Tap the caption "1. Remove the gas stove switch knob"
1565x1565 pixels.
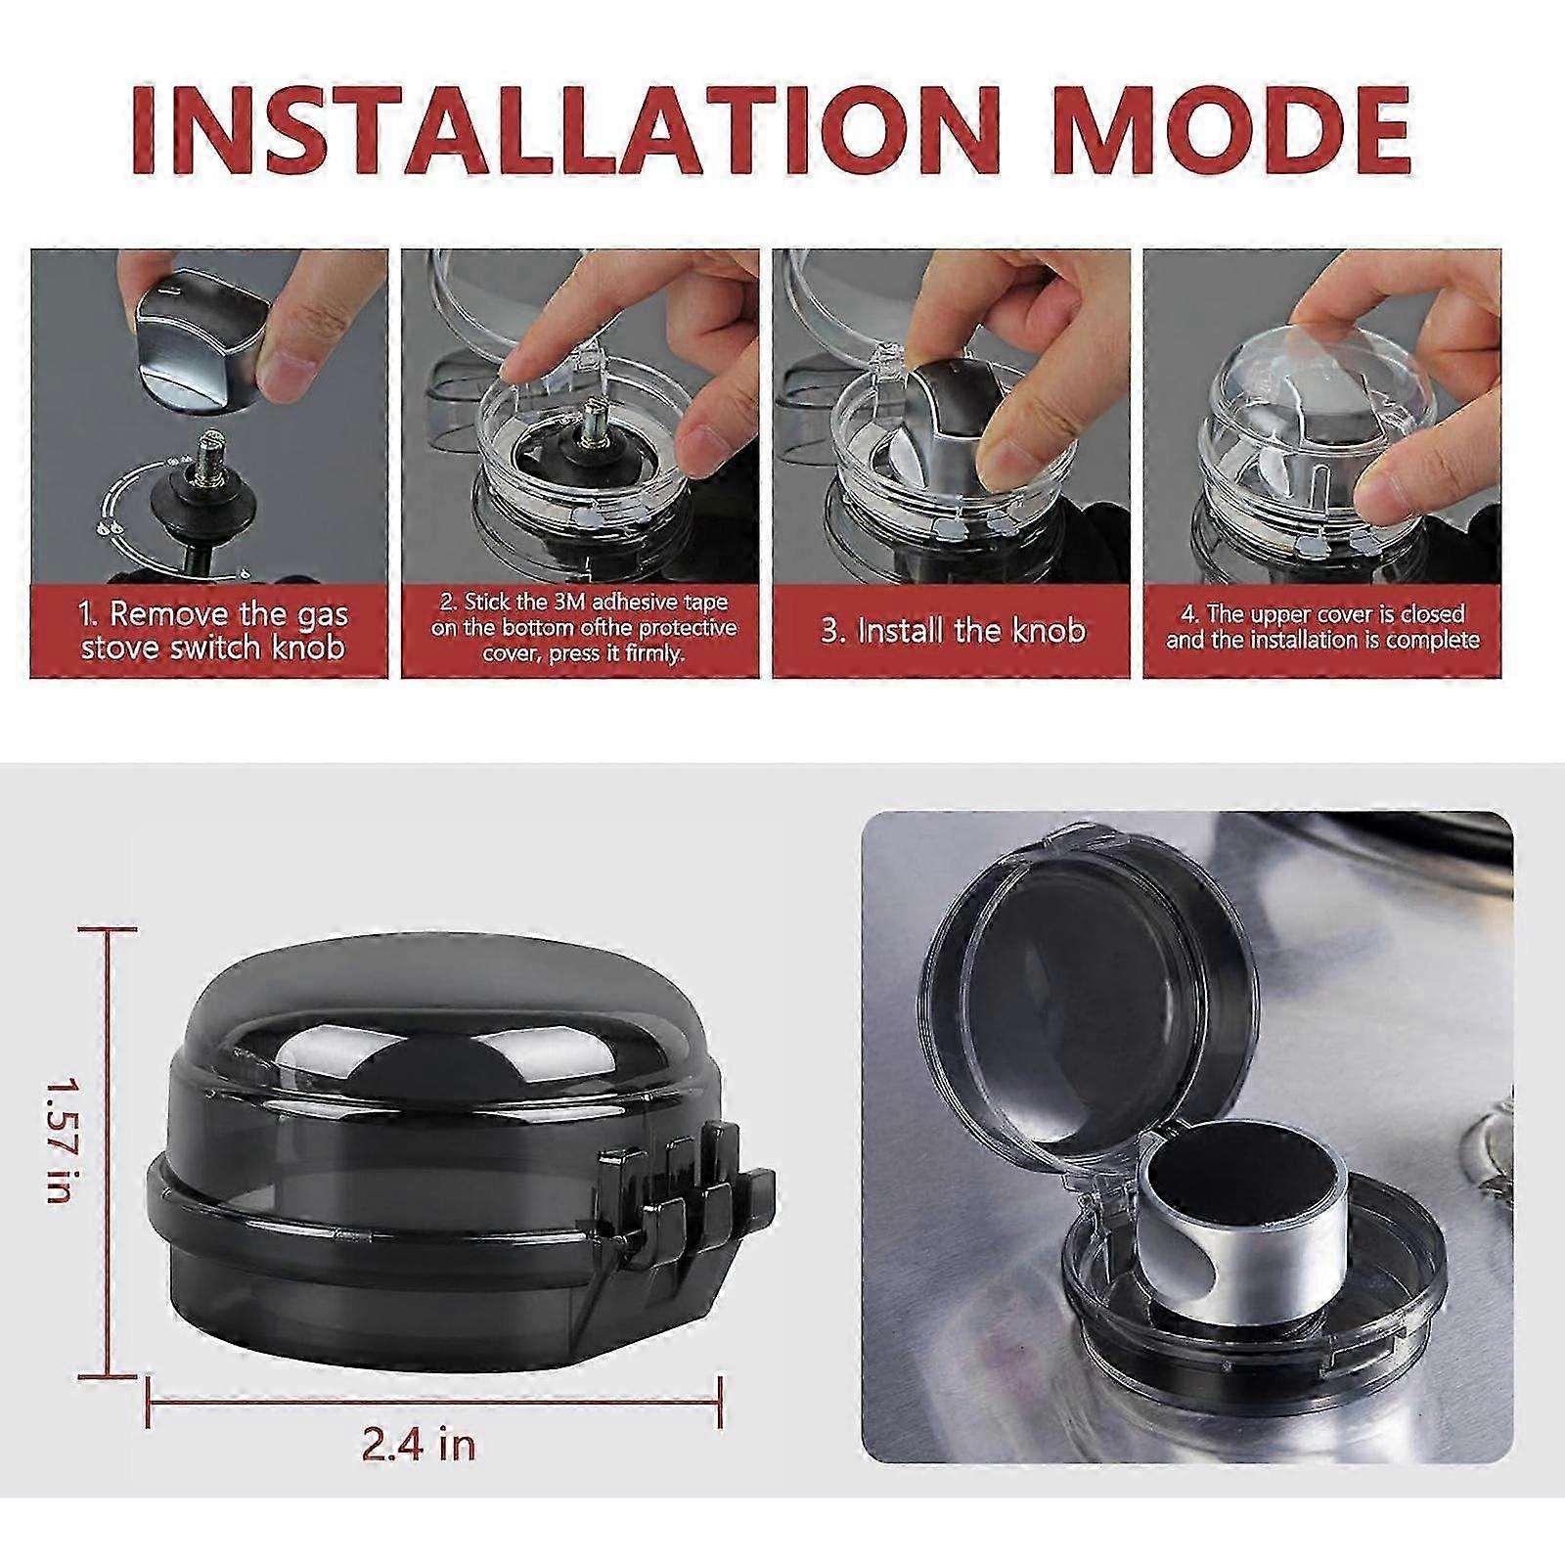point(213,631)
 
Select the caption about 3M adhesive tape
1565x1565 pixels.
point(584,627)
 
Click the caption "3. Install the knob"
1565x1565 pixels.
point(953,630)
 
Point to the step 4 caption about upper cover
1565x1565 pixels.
point(1322,627)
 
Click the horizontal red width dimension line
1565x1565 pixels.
point(434,1402)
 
